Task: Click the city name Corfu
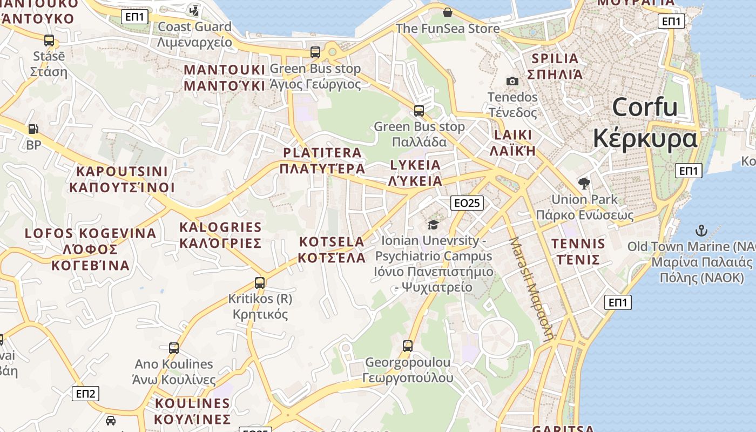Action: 645,107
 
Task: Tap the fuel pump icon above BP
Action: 33,129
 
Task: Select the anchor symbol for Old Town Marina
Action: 701,231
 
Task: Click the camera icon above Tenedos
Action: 512,82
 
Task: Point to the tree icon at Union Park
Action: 584,184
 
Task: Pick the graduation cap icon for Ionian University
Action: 433,224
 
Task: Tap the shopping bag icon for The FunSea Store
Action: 447,12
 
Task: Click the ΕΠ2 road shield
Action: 85,394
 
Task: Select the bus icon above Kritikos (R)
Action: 260,282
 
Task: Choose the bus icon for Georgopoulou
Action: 408,346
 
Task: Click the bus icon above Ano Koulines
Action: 174,348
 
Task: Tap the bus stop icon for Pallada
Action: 419,111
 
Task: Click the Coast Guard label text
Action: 194,26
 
